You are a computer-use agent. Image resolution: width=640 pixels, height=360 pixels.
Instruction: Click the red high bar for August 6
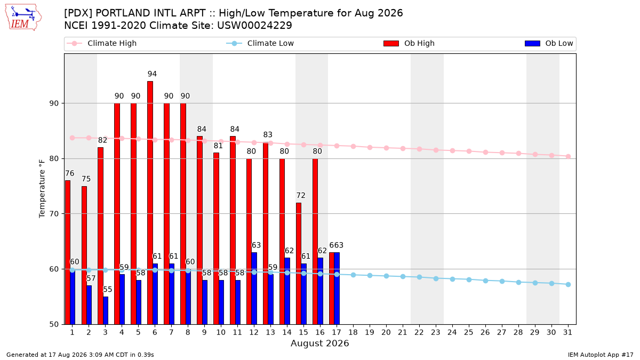coord(150,203)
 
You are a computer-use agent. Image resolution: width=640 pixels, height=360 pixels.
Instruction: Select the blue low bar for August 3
coord(106,310)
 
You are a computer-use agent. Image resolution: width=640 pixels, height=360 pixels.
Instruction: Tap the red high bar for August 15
coord(299,263)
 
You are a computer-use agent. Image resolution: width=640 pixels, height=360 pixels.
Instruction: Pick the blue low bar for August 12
coord(254,289)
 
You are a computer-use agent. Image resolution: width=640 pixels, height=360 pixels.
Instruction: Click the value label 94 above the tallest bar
coord(152,74)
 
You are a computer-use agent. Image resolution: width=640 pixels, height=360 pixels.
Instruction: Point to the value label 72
coord(301,195)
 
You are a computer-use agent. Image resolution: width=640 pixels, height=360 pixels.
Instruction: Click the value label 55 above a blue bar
coord(107,290)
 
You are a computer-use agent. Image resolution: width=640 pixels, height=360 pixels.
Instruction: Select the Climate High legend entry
coord(101,43)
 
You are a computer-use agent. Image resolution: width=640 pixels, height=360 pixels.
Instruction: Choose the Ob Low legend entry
coord(549,43)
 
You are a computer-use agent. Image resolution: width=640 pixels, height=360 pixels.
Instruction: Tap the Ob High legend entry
coord(409,43)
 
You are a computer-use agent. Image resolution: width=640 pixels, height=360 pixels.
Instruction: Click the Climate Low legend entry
coord(260,43)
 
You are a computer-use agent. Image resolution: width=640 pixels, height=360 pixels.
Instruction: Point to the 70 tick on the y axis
coord(54,214)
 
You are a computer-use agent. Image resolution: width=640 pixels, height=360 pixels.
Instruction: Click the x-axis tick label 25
coord(469,332)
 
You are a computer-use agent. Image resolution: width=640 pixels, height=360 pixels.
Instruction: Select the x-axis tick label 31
coord(567,332)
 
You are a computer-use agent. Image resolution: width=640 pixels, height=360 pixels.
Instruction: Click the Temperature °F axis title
coord(42,189)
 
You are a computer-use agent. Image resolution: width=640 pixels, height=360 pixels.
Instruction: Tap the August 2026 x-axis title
coord(319,343)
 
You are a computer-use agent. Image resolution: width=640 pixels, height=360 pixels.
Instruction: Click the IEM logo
coord(23,18)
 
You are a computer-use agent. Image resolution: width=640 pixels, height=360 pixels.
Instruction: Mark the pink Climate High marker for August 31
coord(569,157)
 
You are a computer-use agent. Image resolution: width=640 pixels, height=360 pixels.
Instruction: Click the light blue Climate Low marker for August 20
coord(386,276)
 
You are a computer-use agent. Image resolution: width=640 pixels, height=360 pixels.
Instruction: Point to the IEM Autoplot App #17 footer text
coord(601,355)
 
